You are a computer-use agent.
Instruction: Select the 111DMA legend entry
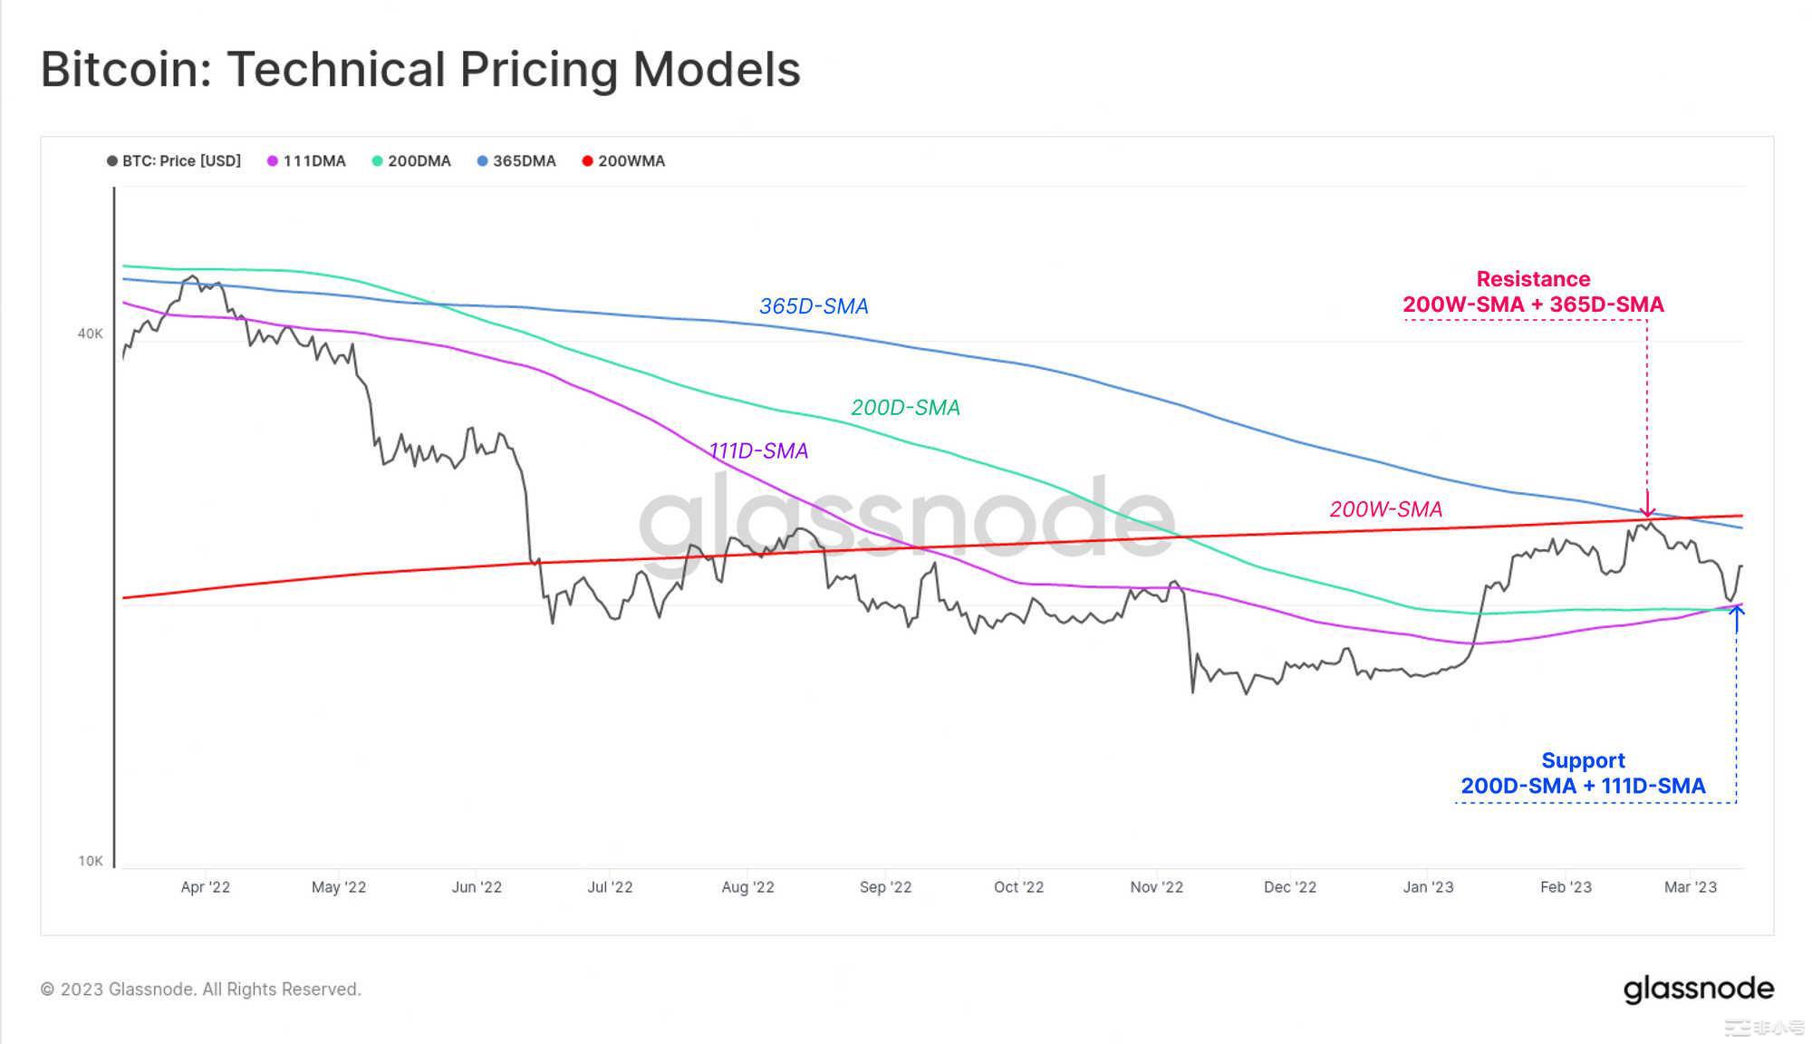click(306, 161)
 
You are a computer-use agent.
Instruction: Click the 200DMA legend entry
click(411, 161)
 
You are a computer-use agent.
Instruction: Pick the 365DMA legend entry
click(516, 161)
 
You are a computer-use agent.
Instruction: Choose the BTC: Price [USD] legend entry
click(174, 161)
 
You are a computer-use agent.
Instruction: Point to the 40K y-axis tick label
click(91, 333)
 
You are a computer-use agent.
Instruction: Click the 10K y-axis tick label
click(91, 861)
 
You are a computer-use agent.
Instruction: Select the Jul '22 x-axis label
click(610, 887)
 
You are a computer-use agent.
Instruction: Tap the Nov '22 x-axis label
click(1156, 887)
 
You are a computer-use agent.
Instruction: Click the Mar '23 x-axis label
click(1690, 887)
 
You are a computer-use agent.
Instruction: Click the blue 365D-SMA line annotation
click(814, 306)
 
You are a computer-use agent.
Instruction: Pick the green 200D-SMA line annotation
click(905, 408)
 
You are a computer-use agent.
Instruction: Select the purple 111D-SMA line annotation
click(758, 450)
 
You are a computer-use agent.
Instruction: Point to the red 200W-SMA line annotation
click(1385, 509)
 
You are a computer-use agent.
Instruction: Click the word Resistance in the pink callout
click(1533, 279)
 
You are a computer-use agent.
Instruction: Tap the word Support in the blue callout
click(1583, 760)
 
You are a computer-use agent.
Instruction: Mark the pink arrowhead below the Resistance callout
click(1647, 512)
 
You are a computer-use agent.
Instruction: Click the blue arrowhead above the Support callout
click(1736, 611)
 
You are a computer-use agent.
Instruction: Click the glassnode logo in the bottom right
click(1698, 989)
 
